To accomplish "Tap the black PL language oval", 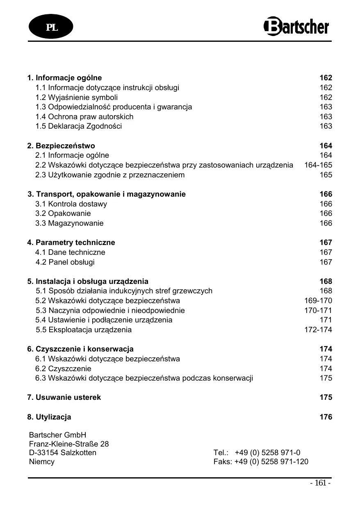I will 51,27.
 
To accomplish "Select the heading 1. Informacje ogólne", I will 64,78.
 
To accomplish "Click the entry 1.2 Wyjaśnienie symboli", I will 76,98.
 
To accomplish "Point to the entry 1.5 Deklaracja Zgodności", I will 78,126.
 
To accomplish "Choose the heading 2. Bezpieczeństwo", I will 61,146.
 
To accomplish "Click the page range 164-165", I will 318,165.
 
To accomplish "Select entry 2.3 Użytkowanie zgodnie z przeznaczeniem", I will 110,175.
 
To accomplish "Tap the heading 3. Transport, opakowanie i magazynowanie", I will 107,194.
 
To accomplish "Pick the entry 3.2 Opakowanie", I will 63,213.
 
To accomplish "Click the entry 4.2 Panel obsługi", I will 65,262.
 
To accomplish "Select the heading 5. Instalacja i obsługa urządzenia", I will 88,281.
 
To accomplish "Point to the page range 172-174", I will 318,330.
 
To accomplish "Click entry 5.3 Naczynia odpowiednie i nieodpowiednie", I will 110,311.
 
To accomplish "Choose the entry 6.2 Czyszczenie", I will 63,369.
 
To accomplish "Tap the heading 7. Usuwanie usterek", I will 64,397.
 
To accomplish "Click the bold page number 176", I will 326,417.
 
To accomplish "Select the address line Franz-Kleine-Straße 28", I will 69,444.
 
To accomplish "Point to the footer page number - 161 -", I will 320,483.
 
